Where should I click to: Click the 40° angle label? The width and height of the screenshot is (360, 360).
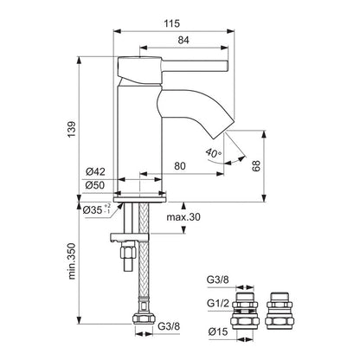214,154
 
